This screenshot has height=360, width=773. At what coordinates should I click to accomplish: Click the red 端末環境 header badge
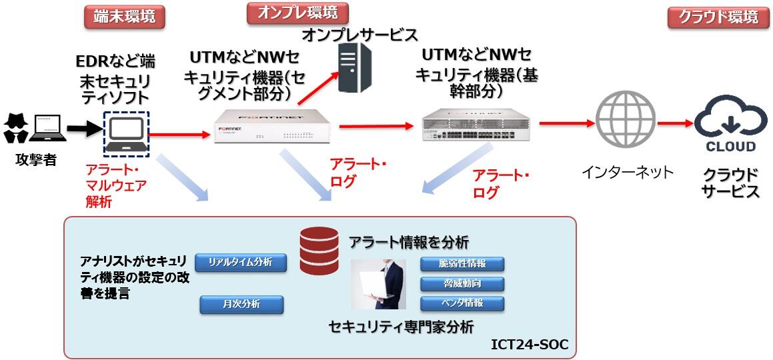coord(125,17)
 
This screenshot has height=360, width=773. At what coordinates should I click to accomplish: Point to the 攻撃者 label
coord(35,161)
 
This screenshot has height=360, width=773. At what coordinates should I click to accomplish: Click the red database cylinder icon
coord(319,251)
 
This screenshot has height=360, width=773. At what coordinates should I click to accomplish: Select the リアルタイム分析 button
coord(241,262)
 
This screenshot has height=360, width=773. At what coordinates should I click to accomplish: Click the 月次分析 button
coord(241,305)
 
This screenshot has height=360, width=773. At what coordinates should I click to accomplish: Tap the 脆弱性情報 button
coord(462,264)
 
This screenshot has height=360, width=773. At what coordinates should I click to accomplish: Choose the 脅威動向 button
coord(462,284)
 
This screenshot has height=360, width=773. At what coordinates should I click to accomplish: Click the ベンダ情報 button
coord(462,303)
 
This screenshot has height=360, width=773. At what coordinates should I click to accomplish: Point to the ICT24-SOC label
coord(530,345)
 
